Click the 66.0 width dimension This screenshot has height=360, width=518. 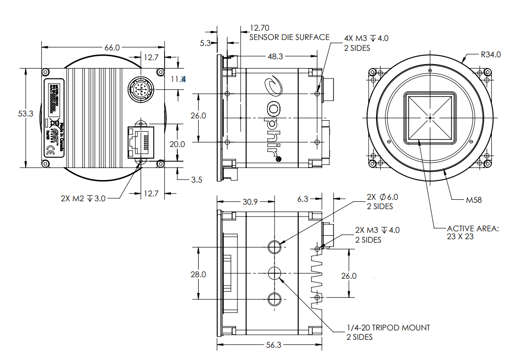click(x=112, y=47)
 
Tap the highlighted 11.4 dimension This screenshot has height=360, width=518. click(x=178, y=79)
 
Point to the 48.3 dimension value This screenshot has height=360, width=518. click(x=275, y=57)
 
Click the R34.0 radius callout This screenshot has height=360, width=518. click(x=491, y=55)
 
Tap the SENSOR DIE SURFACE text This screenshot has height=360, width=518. click(x=289, y=37)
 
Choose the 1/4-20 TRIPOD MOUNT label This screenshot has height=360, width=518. click(x=388, y=327)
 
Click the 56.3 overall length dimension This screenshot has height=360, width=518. click(x=273, y=345)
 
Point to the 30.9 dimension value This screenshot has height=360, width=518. click(x=250, y=202)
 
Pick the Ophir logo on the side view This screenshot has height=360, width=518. click(x=273, y=118)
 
